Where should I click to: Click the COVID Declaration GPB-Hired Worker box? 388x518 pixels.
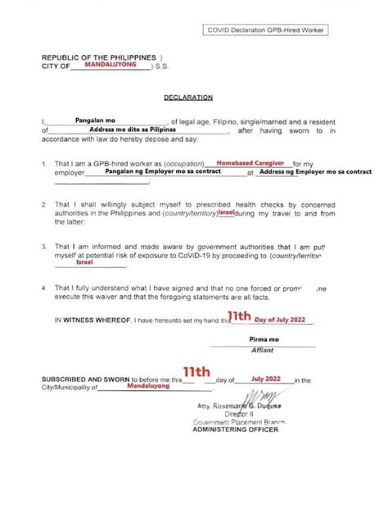266,31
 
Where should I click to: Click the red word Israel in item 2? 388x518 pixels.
228,211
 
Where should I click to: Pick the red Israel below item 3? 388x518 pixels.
84,264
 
